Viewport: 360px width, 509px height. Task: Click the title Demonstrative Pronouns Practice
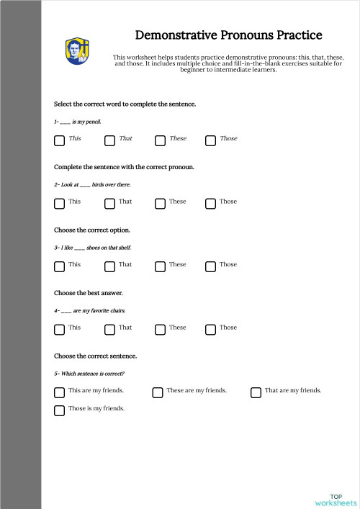(228, 35)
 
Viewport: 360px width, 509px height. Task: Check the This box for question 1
(59, 140)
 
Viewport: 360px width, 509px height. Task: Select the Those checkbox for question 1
(210, 140)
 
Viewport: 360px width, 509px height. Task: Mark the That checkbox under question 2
(109, 203)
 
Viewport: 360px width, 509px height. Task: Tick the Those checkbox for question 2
(210, 203)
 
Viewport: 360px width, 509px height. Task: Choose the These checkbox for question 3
(160, 266)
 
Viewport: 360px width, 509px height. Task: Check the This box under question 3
(59, 266)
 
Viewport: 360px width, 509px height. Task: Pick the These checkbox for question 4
(160, 329)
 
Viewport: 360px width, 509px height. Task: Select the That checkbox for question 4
(109, 329)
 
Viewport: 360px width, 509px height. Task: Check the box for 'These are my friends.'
(157, 392)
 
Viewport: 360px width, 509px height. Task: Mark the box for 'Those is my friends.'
(59, 410)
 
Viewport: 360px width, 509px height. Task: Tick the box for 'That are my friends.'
(256, 392)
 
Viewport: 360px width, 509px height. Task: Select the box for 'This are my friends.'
(59, 392)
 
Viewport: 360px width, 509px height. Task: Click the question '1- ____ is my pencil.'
(78, 122)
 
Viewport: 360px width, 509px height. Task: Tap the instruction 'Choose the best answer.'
(89, 293)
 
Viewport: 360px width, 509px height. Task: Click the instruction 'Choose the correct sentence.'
(96, 356)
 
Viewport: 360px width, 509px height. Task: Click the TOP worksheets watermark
(336, 499)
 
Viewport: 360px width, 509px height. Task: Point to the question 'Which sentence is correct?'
(89, 374)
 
